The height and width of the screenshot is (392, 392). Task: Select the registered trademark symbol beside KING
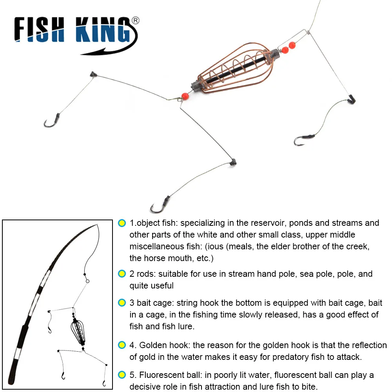[x=134, y=20]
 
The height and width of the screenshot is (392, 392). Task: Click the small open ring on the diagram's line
[x=87, y=281]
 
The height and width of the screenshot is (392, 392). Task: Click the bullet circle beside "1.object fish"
[x=122, y=223]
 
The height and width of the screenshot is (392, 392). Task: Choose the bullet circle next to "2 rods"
[x=122, y=274]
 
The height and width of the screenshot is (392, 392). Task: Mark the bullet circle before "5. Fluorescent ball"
[x=122, y=375]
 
